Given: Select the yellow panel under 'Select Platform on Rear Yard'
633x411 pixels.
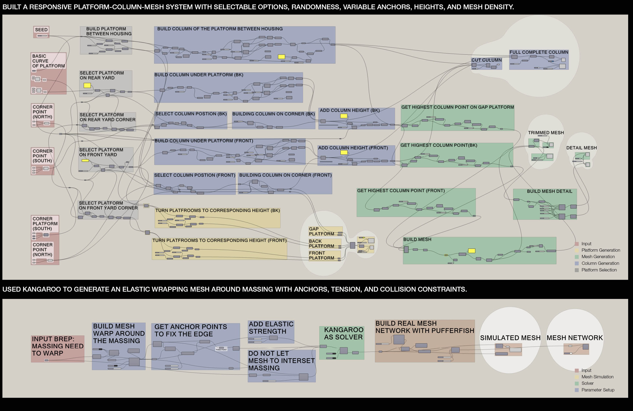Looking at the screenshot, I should point(87,85).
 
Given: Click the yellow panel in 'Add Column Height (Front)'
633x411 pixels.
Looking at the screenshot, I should point(344,152).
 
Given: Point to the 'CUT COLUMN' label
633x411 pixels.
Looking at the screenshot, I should point(486,60).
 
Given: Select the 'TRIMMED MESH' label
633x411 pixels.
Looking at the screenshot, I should point(546,132).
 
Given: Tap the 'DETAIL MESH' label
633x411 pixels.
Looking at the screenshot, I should point(581,148).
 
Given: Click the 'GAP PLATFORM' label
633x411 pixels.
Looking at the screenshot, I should point(321,231).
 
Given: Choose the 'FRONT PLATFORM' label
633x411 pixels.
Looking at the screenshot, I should point(321,256).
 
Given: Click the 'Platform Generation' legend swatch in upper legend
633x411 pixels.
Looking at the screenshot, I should point(577,250).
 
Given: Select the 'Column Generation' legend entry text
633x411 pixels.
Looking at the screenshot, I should point(600,263).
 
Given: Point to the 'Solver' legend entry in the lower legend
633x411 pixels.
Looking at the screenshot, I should point(588,383).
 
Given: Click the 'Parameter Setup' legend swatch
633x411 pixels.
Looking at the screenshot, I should point(577,390).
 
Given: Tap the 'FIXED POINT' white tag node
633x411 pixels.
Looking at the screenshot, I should point(221,349).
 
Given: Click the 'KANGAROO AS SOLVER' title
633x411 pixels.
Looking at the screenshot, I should point(343,333).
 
